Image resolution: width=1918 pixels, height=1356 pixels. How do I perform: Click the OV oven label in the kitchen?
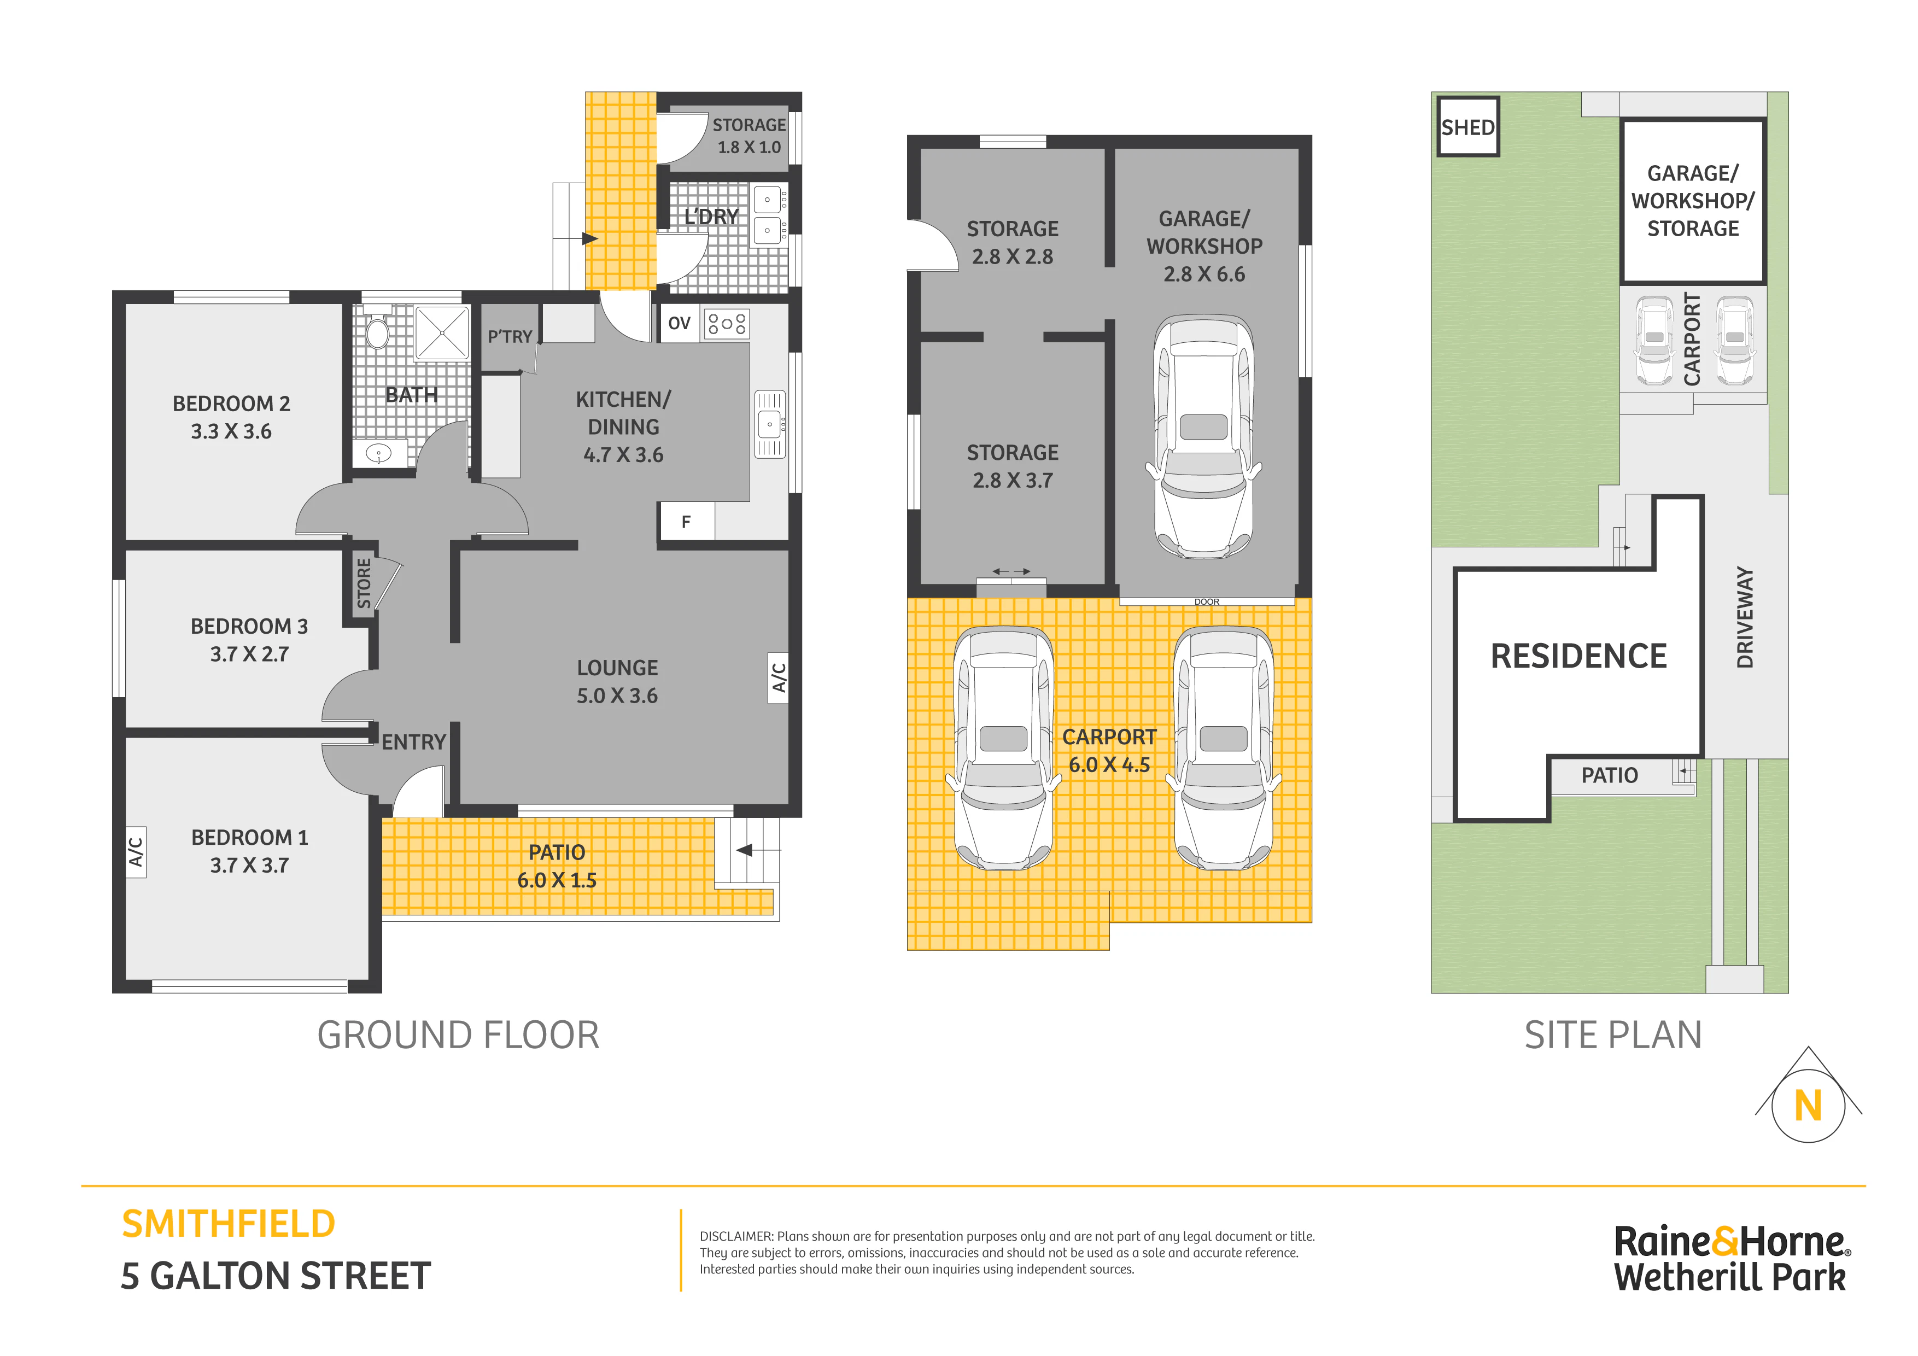tap(679, 323)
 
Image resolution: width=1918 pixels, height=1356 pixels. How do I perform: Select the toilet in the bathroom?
tap(378, 330)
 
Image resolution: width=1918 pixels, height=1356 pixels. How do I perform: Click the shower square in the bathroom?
tap(442, 332)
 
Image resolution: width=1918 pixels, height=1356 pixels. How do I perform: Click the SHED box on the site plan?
tap(1467, 127)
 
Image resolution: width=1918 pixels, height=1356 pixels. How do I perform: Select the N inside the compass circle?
tap(1808, 1106)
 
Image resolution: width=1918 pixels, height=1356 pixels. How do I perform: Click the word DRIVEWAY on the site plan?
tap(1744, 617)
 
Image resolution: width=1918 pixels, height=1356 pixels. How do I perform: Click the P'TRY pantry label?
tap(510, 337)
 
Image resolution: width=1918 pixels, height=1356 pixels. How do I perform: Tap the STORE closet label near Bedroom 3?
tap(364, 583)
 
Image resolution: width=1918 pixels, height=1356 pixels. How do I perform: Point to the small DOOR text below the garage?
tap(1206, 601)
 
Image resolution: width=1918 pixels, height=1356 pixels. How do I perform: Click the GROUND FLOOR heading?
tap(458, 1035)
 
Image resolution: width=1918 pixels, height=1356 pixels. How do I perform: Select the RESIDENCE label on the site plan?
tap(1578, 656)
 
